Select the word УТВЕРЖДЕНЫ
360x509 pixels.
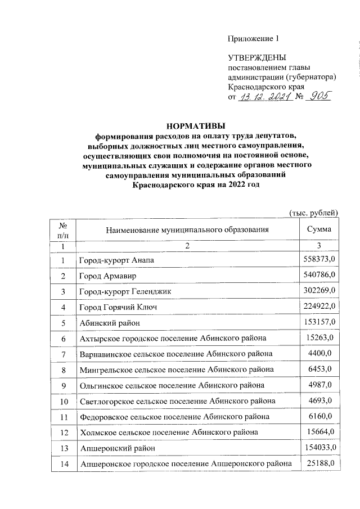257,58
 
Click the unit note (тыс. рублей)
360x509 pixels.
313,212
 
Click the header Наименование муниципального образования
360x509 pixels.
187,229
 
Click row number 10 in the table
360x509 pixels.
64,400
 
